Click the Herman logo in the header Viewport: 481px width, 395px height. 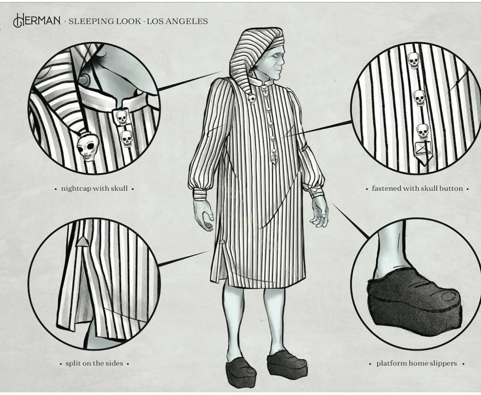pos(37,20)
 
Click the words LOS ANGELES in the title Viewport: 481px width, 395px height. pos(177,21)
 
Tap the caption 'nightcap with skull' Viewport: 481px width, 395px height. pos(94,188)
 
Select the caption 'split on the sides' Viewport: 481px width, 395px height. pos(94,363)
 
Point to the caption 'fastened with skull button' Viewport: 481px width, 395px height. pos(417,188)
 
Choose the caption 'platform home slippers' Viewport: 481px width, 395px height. pos(416,363)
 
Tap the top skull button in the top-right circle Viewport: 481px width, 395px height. pos(413,61)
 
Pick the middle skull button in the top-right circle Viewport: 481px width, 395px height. pos(419,98)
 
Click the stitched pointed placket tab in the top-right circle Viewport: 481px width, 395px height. pos(424,153)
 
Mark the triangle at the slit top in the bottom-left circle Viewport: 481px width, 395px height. pos(82,242)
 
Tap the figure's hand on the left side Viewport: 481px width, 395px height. pos(203,215)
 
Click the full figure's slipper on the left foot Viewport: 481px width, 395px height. pos(241,372)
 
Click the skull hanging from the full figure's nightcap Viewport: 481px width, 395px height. pos(252,98)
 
